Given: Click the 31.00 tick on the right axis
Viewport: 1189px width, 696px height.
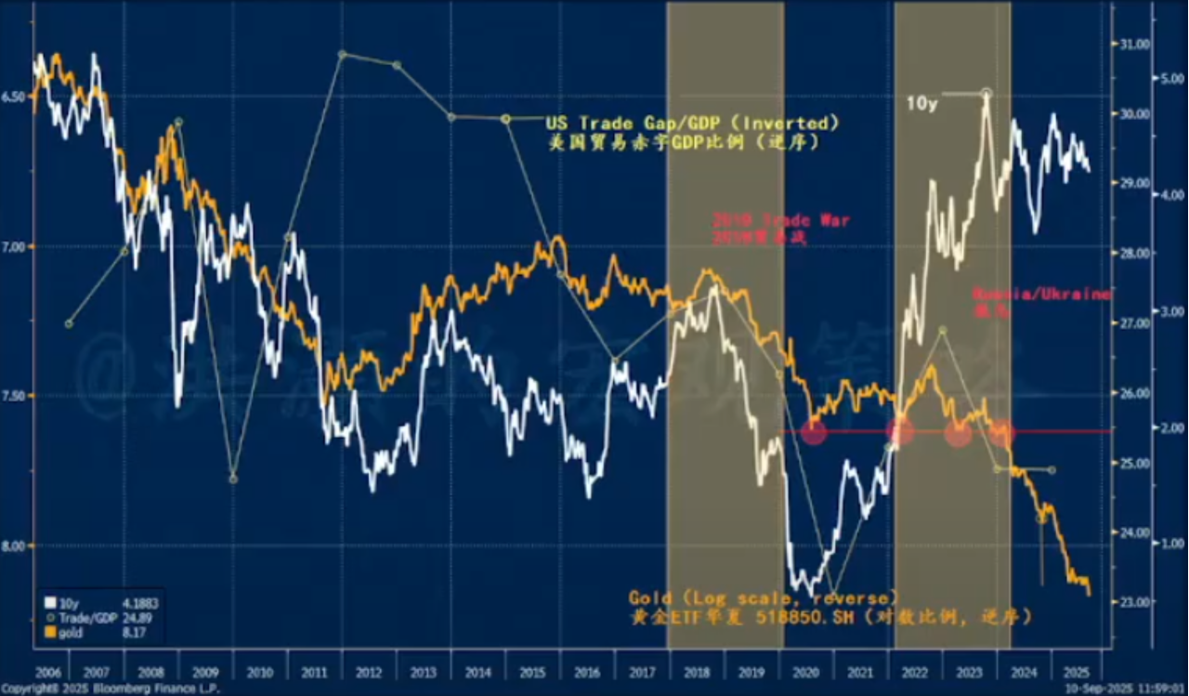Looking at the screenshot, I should click(x=1130, y=44).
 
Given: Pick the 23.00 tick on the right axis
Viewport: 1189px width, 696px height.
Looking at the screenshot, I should click(x=1130, y=602).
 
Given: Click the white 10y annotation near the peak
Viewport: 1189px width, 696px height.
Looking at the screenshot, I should click(x=921, y=104).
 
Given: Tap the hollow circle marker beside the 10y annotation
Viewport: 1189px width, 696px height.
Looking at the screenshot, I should click(x=986, y=93).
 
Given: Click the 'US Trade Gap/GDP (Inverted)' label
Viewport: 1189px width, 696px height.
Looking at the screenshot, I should click(x=693, y=123).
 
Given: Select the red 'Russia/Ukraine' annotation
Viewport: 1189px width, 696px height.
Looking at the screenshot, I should click(x=1041, y=294).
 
